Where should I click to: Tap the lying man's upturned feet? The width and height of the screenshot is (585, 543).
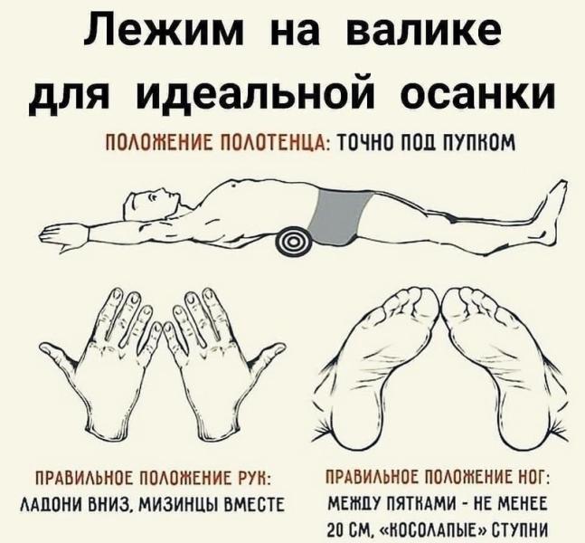(552, 214)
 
